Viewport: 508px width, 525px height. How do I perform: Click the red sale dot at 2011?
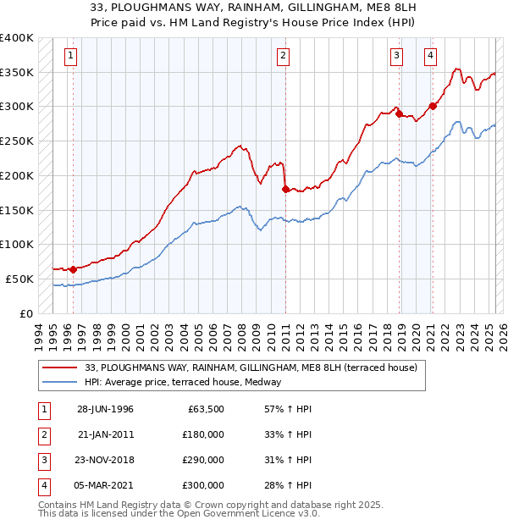pos(285,189)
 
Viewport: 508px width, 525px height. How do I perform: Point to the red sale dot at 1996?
pos(73,269)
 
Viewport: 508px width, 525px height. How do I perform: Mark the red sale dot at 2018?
pos(399,113)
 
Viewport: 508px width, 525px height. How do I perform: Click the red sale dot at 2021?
pos(433,106)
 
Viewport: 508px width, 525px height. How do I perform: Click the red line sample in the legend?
pos(61,368)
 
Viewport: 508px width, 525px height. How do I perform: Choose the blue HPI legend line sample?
pos(61,383)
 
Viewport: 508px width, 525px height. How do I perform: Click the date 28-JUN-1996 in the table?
pos(105,409)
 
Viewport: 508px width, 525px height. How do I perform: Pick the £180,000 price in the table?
pos(203,434)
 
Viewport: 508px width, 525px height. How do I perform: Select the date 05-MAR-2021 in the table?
pos(105,485)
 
